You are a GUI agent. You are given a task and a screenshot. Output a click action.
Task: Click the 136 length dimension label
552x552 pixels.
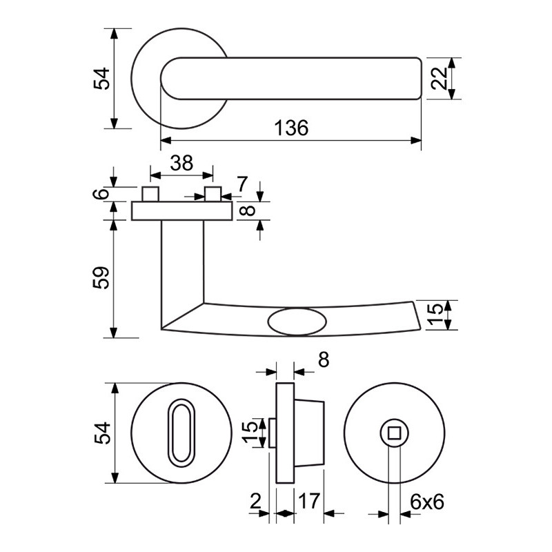coord(290,128)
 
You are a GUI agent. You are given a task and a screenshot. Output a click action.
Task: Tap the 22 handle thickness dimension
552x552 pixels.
coord(440,78)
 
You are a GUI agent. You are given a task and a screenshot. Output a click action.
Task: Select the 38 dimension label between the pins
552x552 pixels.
coord(181,163)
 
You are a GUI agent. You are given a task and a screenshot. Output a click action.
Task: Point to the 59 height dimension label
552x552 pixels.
coord(101,278)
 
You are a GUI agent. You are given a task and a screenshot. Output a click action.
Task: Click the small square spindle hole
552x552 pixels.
coord(395,433)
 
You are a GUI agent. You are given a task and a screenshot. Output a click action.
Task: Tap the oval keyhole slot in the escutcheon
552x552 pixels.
coord(181,433)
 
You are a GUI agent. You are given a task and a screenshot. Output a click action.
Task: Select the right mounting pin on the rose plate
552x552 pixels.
coord(213,194)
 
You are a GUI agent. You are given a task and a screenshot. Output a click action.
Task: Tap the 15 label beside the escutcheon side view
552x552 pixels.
coord(254,433)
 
